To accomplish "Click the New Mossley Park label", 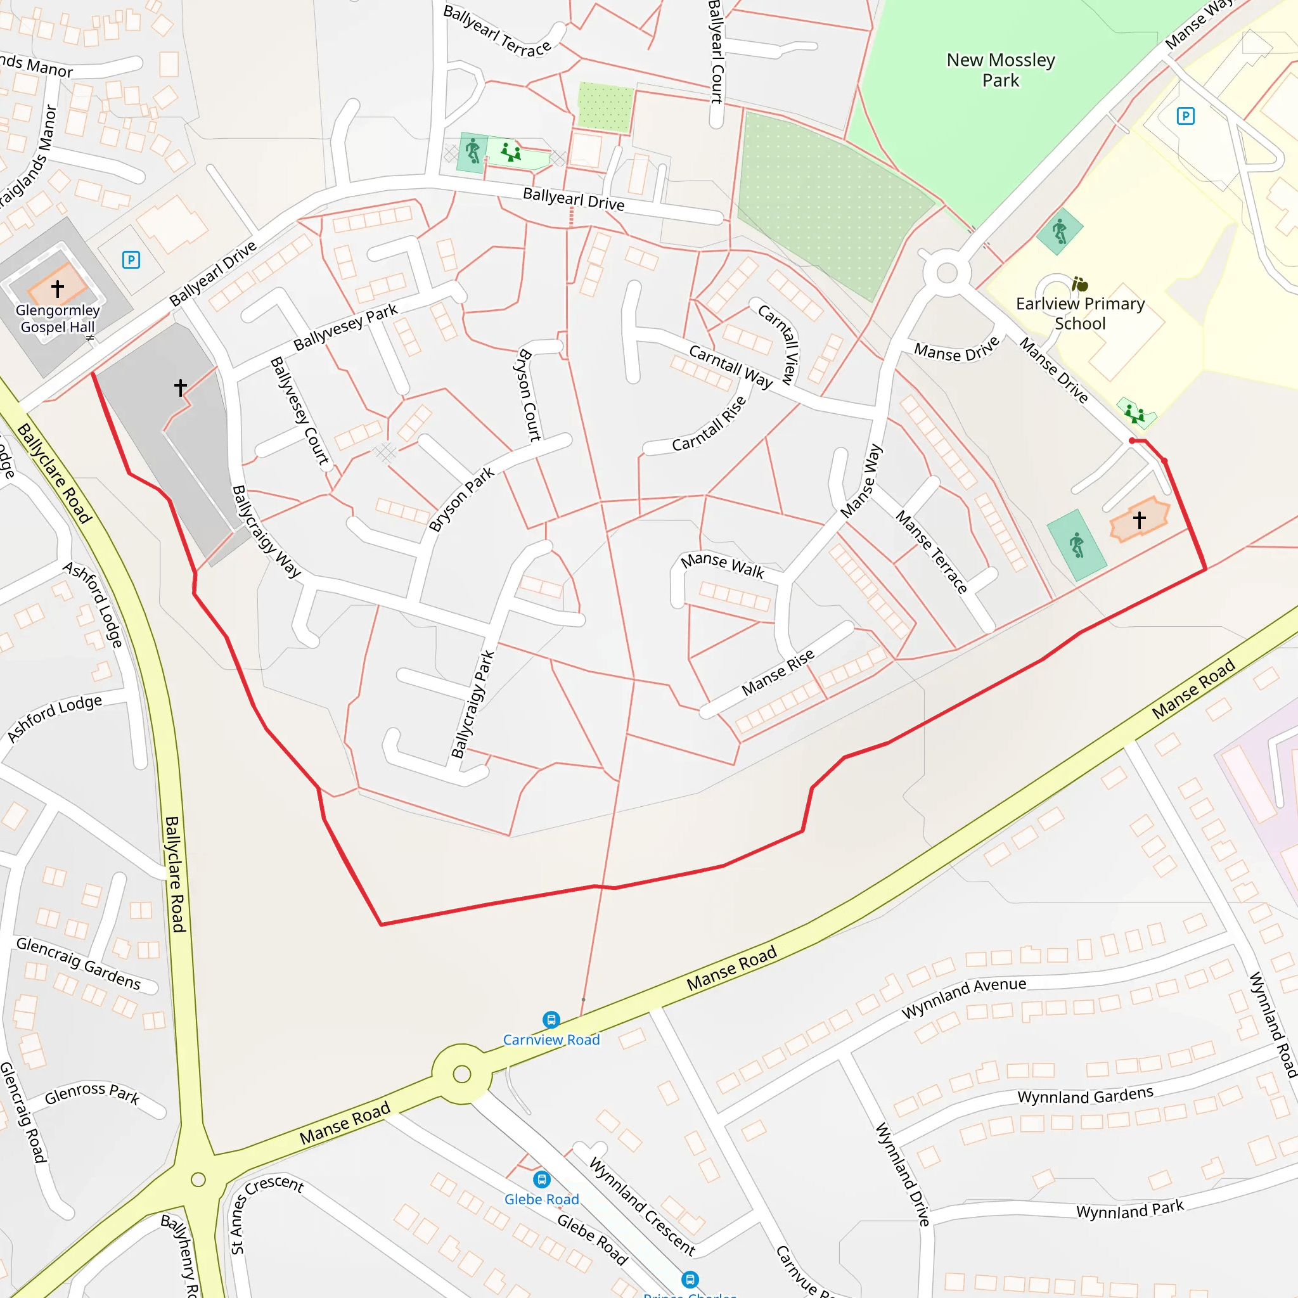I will pos(1000,70).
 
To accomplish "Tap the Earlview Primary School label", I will pos(1079,314).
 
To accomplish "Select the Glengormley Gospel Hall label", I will pos(58,318).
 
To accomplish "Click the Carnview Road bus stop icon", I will pos(551,1020).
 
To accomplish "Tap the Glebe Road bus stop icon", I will pos(541,1179).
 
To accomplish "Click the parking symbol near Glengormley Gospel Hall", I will pos(131,260).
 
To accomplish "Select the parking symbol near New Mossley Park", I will pos(1185,116).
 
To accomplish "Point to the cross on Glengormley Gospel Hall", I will pos(58,288).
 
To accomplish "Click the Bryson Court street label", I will pos(529,395).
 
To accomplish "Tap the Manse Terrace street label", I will pos(931,551).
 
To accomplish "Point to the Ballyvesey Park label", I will pos(345,327).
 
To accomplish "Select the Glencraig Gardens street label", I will pos(79,963).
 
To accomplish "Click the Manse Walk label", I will pos(723,565).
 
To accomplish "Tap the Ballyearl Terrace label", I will pos(496,32).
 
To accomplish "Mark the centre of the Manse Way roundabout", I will pos(947,273).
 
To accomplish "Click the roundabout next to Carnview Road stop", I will pos(462,1074).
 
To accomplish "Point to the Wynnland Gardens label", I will pos(1084,1096).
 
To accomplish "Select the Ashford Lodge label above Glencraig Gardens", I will pos(55,717).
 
